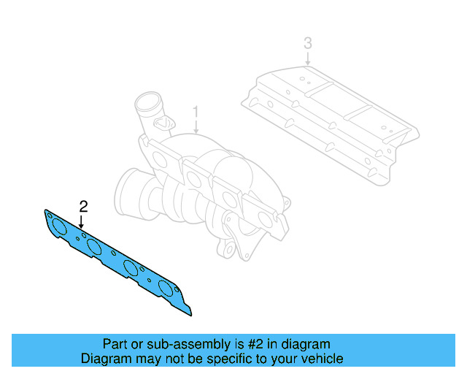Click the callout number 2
point(83,205)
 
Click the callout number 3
point(308,44)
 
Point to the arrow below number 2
point(82,221)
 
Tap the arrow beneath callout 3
point(308,59)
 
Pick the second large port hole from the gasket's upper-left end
point(93,247)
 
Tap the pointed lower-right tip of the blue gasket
point(190,313)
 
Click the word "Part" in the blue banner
point(115,344)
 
